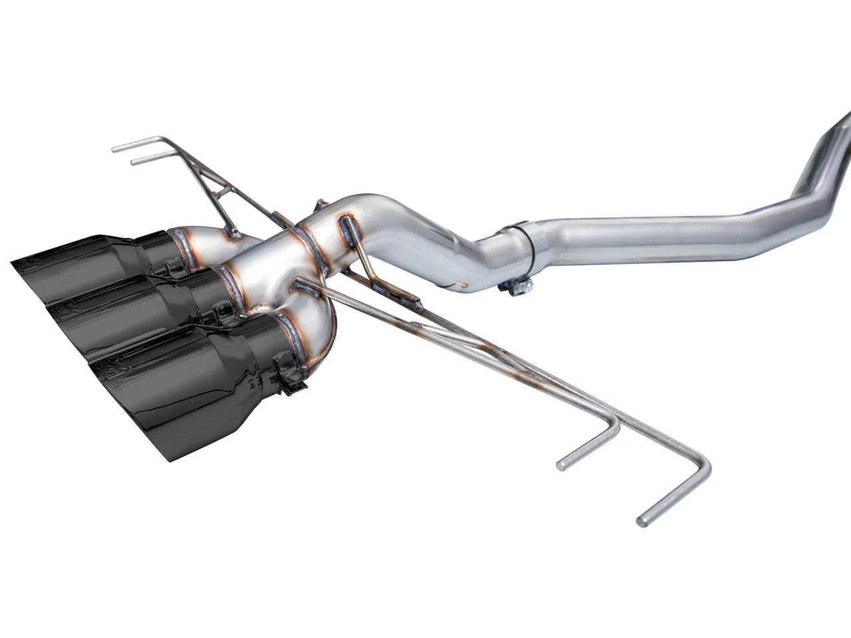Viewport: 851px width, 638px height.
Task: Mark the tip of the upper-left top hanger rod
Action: coord(115,149)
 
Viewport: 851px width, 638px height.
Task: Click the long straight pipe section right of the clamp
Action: coord(638,229)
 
